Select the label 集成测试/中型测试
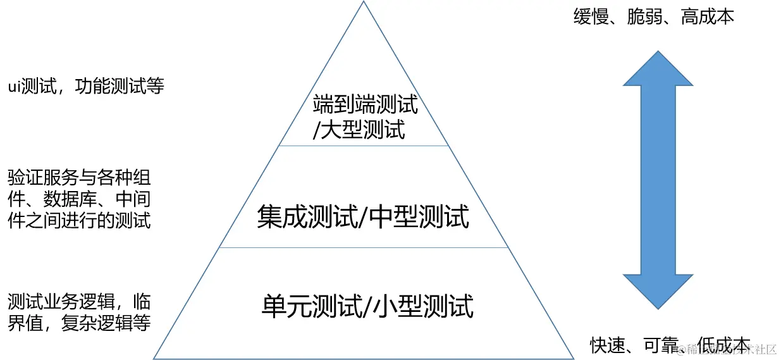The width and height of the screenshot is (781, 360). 363,217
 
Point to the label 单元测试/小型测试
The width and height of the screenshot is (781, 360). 367,307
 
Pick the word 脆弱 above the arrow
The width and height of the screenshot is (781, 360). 645,17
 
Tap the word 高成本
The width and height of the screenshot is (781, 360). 708,17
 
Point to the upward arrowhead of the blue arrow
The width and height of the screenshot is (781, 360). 658,69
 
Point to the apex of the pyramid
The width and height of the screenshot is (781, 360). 364,3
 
